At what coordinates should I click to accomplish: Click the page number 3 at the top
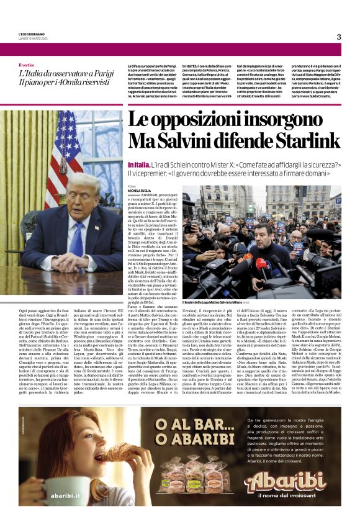(339, 37)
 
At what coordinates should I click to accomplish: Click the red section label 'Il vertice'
(27, 65)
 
